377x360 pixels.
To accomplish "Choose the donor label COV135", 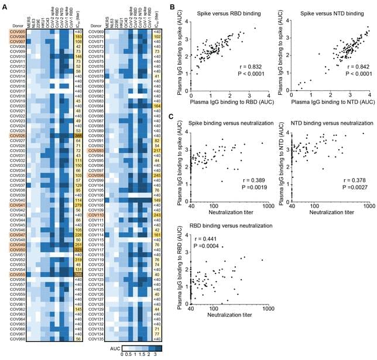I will point(95,338).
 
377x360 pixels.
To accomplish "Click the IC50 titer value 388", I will point(77,135).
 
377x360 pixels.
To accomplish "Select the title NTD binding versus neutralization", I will point(331,124).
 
